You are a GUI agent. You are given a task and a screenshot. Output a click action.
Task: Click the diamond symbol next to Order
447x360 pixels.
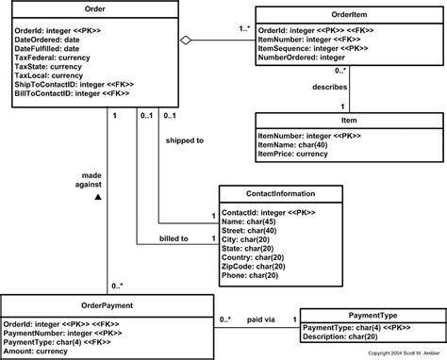click(187, 40)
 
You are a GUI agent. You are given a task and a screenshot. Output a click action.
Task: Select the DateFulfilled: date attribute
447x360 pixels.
click(48, 49)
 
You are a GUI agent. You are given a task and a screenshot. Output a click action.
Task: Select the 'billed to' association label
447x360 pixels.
click(174, 239)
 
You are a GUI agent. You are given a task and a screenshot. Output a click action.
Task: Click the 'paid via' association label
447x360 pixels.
click(260, 320)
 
